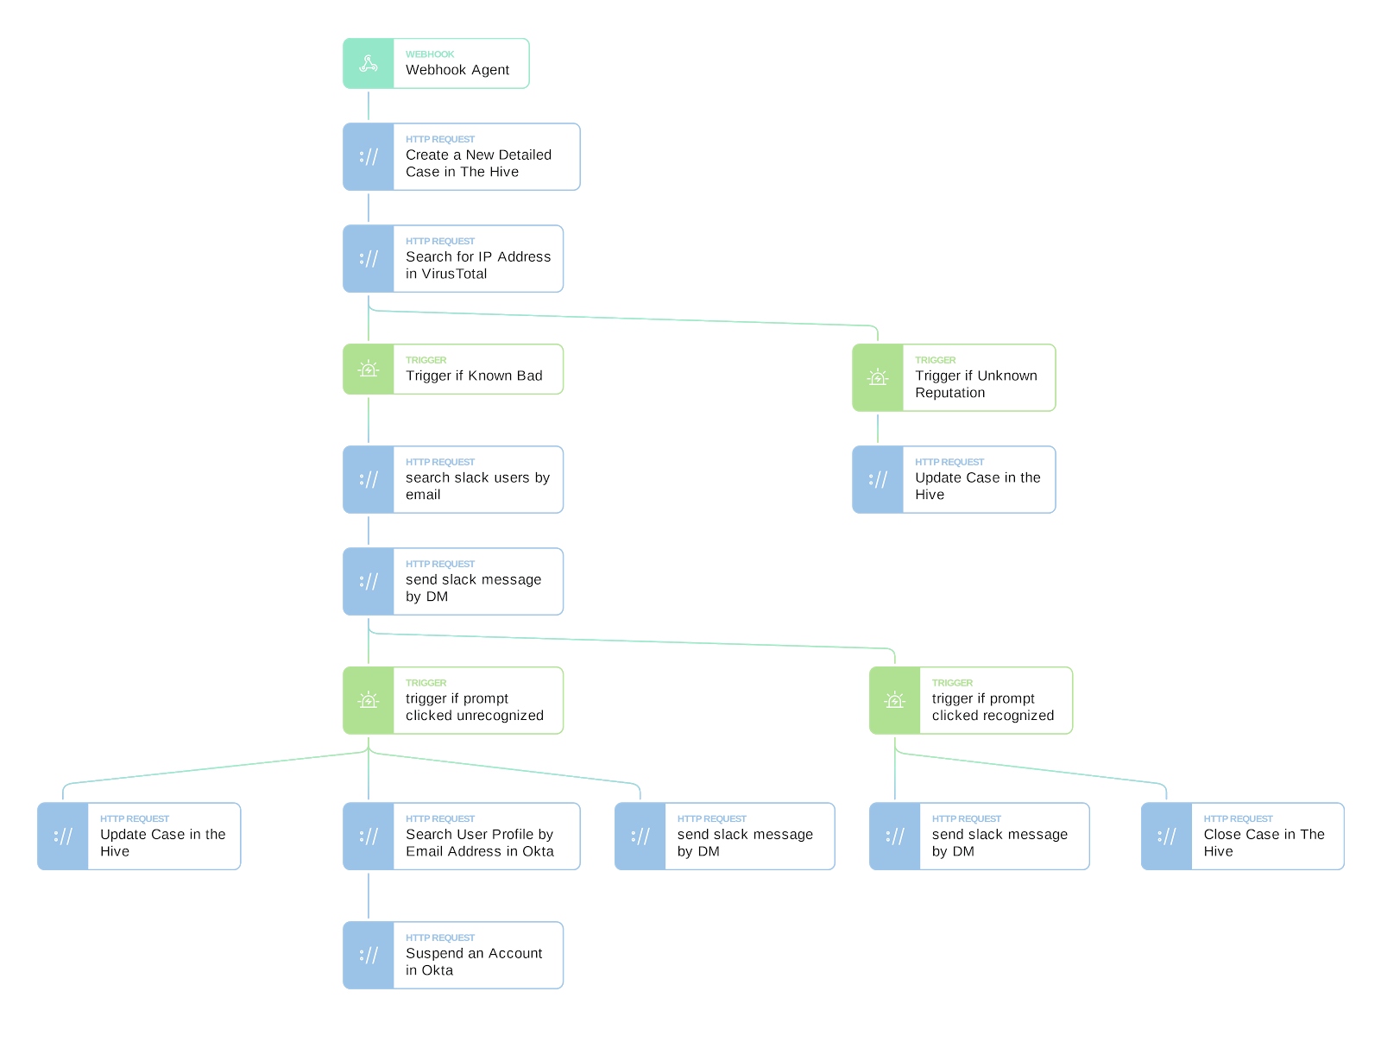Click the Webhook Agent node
tap(435, 63)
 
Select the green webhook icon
tap(368, 63)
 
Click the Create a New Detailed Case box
tap(461, 156)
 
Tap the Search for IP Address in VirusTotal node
tap(452, 258)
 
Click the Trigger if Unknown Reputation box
tap(953, 377)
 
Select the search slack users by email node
tap(452, 479)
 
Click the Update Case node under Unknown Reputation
tap(953, 479)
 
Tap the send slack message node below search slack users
tap(452, 581)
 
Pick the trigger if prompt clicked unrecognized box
tap(452, 699)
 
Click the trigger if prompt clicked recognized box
tap(970, 699)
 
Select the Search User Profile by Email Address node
tap(461, 836)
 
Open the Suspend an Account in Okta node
tap(452, 955)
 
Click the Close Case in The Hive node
tap(1242, 836)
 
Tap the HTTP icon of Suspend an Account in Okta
tap(368, 955)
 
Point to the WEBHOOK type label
tap(430, 54)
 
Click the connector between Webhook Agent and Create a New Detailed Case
tap(368, 105)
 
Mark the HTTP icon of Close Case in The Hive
tap(1166, 836)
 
